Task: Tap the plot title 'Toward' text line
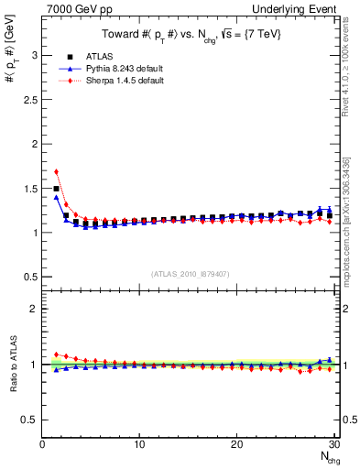pos(191,35)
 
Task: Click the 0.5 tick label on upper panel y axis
pos(31,277)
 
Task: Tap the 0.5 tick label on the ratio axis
pos(31,420)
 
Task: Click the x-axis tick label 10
pos(139,444)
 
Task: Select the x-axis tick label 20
pos(236,444)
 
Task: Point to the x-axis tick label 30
pos(333,444)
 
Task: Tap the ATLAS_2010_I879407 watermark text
pos(190,274)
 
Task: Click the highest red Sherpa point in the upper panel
pos(57,171)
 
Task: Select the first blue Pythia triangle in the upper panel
pos(57,197)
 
